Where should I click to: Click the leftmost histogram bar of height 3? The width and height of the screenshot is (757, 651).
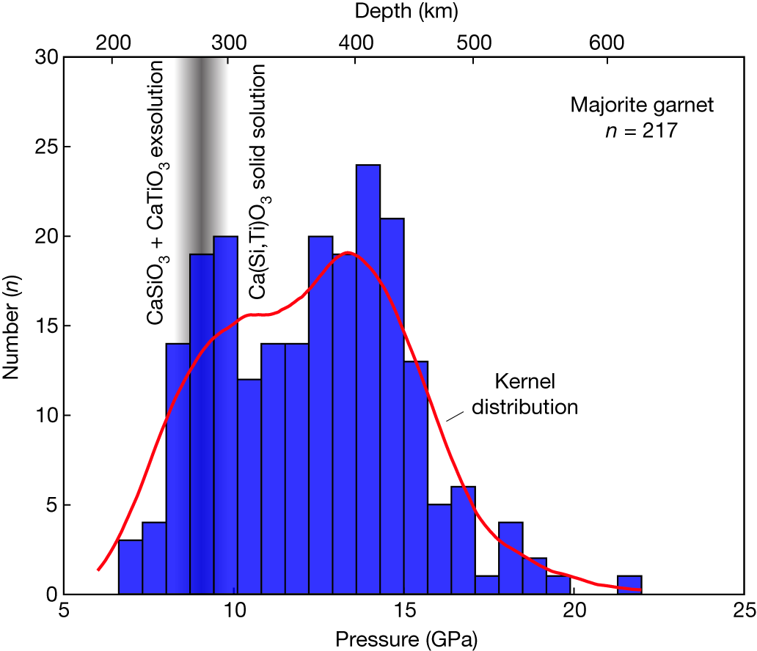(x=130, y=567)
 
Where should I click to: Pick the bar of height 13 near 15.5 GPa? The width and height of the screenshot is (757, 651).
(x=416, y=477)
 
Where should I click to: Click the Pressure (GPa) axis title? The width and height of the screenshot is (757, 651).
(x=403, y=639)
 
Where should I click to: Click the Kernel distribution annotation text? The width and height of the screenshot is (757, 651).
(x=524, y=394)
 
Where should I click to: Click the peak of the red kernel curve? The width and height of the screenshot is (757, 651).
(x=348, y=253)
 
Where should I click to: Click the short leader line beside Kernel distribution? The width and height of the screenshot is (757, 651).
(x=456, y=416)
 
